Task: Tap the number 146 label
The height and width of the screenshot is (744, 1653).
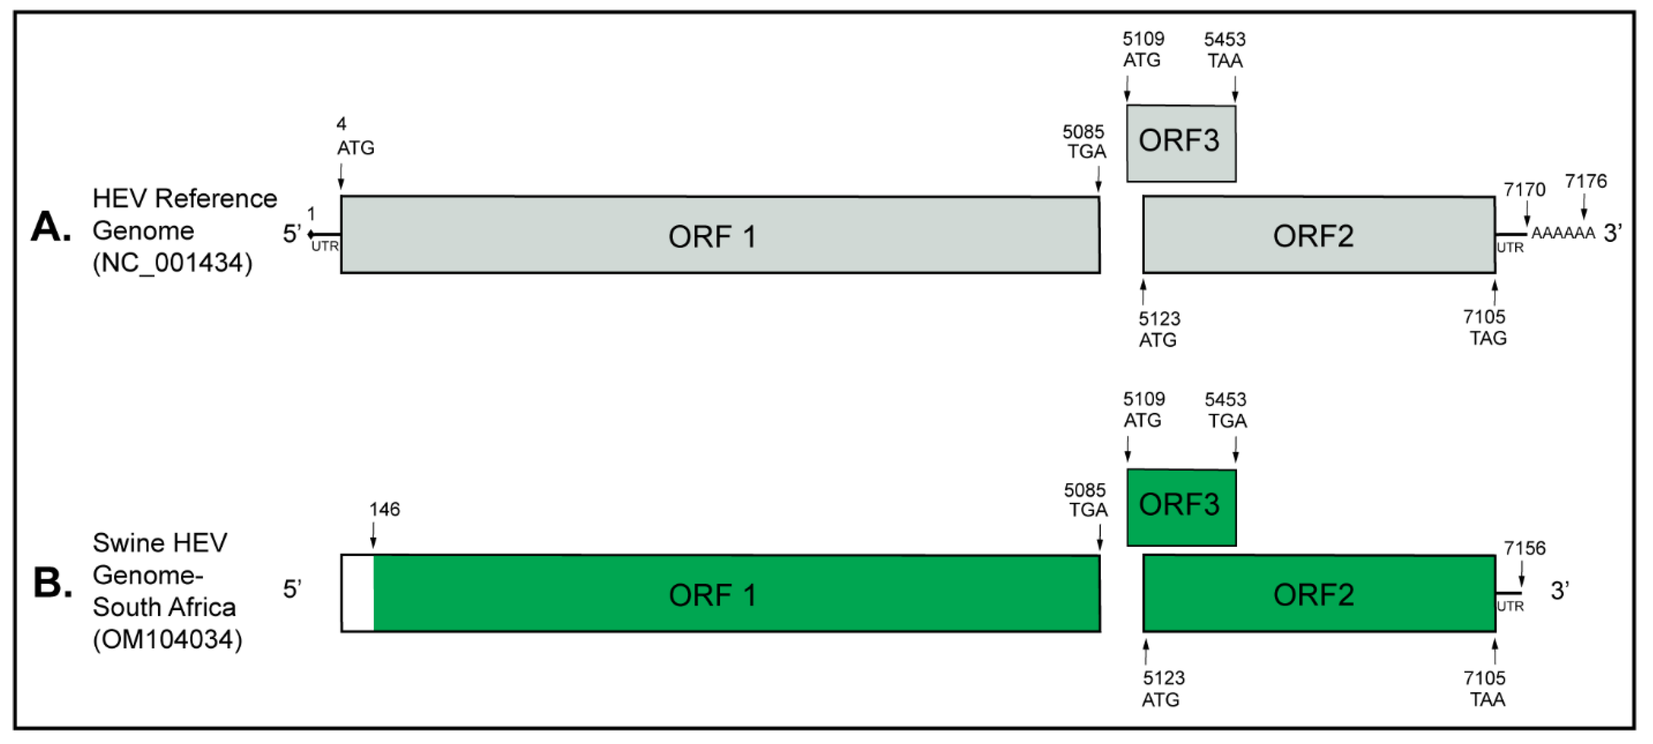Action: point(384,509)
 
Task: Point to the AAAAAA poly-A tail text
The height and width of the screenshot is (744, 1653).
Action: point(1563,233)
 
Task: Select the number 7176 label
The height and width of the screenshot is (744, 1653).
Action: point(1586,181)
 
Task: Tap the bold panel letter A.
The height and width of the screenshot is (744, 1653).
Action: point(51,227)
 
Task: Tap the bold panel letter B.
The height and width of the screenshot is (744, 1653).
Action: point(52,584)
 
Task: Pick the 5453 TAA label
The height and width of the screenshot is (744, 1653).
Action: point(1224,50)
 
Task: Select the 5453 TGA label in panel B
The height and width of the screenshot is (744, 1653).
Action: point(1226,410)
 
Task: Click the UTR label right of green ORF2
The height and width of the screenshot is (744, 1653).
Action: point(1510,606)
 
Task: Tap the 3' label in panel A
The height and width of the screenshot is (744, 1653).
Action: point(1612,233)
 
